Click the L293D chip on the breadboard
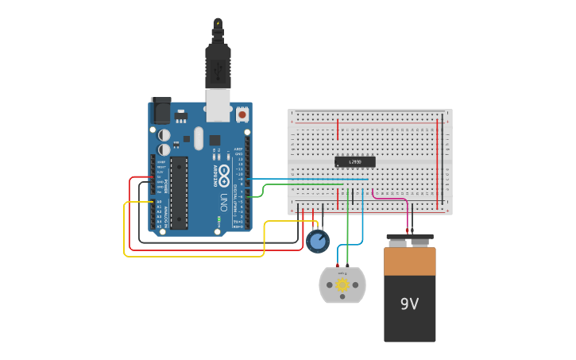354,161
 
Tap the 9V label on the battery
409,304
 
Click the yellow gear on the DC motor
342,285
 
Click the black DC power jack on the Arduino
160,110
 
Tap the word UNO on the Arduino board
224,199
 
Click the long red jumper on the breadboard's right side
437,163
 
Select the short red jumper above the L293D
338,129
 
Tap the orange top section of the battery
410,261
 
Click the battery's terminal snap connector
410,237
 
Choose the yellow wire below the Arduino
195,256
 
